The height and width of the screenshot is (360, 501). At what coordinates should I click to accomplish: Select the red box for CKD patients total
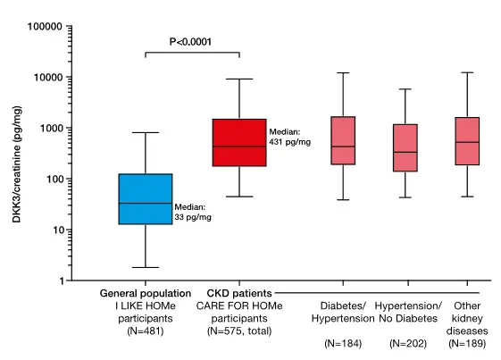pos(238,142)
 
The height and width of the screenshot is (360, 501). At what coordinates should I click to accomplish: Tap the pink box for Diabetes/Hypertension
pos(343,140)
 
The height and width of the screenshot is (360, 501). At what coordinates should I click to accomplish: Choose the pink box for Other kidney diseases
pos(467,140)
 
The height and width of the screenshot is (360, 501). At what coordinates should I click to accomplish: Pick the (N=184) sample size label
pos(343,344)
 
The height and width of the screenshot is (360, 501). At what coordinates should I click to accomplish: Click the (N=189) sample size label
pos(467,344)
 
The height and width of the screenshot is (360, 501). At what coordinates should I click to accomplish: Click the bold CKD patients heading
pos(238,293)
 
